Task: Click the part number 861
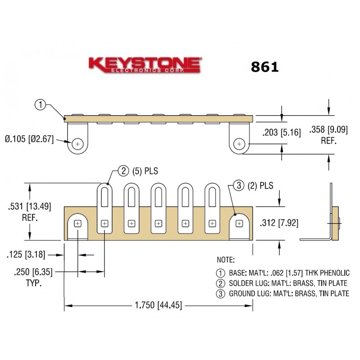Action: [x=265, y=67]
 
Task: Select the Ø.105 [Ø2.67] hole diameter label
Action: [x=29, y=139]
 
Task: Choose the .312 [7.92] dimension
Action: [x=279, y=223]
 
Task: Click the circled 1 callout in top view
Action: [x=40, y=105]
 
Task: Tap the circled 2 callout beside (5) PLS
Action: [x=123, y=171]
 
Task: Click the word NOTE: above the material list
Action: [x=225, y=260]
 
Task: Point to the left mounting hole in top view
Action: [x=79, y=144]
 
